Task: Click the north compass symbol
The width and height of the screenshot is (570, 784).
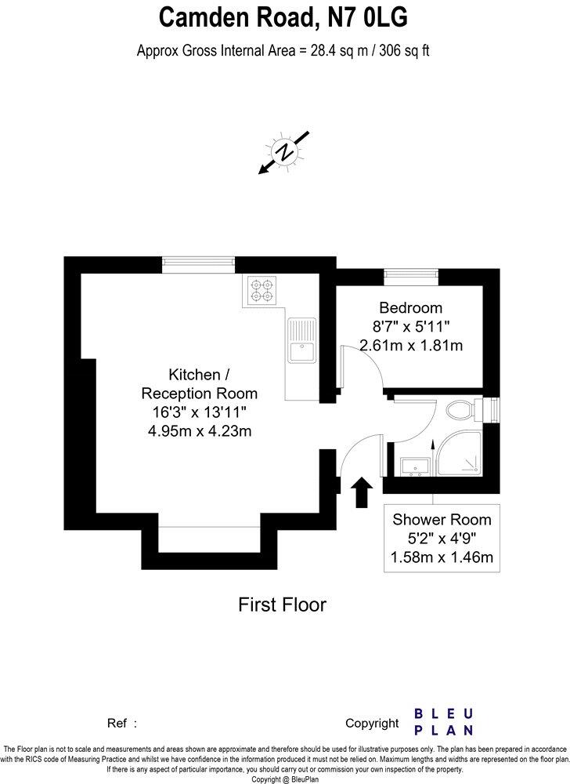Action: click(287, 151)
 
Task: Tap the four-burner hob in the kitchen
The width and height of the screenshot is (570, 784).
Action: click(262, 291)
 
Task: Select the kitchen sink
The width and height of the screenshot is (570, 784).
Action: click(300, 341)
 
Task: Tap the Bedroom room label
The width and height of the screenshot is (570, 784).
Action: click(410, 307)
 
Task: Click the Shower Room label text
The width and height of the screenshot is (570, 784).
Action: click(442, 519)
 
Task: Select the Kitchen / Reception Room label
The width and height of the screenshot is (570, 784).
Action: click(199, 383)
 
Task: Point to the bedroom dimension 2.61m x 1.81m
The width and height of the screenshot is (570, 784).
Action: click(410, 344)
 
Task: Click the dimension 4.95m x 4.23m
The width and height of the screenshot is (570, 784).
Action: click(199, 430)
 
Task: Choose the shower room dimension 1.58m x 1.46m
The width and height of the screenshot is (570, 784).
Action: click(442, 557)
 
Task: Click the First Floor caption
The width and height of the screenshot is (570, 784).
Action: click(282, 604)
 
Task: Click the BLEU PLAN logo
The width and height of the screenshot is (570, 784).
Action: click(443, 721)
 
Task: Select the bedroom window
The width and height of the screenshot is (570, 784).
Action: click(411, 274)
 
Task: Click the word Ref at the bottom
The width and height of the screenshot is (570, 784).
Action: click(116, 723)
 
